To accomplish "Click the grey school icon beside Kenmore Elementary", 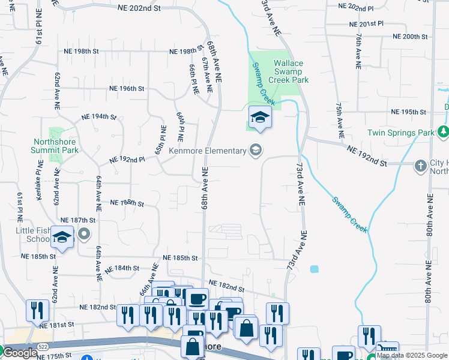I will point(255,150).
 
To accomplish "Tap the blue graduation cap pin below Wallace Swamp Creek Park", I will point(260,117).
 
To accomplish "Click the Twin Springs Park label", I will point(400,132).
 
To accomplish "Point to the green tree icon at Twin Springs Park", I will point(443,131).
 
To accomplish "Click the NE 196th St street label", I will point(127,88).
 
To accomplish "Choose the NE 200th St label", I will point(410,37).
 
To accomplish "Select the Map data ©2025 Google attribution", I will point(412,355).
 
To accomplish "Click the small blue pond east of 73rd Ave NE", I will point(314,269).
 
